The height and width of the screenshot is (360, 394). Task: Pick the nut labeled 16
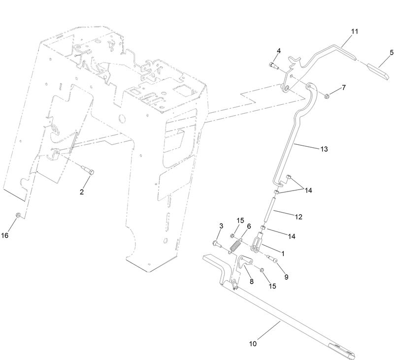pos(18,215)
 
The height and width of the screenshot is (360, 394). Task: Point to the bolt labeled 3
pos(217,244)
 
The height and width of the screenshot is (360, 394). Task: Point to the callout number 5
pos(391,52)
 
